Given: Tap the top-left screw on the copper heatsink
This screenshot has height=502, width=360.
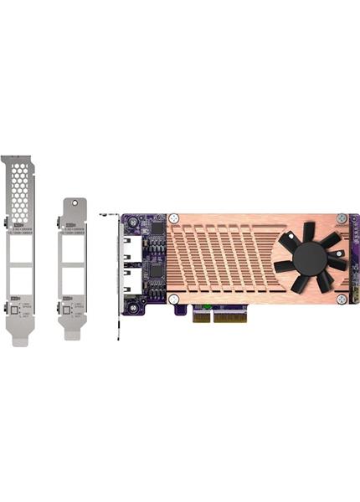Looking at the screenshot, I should [174, 219].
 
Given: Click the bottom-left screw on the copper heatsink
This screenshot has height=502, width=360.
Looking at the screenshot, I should [173, 299].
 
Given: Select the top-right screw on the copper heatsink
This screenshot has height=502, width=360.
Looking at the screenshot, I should [341, 218].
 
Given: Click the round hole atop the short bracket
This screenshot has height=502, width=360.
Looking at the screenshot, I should [73, 203].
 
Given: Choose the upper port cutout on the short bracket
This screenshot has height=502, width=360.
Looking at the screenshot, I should [74, 249].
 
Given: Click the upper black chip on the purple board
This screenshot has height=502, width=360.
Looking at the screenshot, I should [157, 228].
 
